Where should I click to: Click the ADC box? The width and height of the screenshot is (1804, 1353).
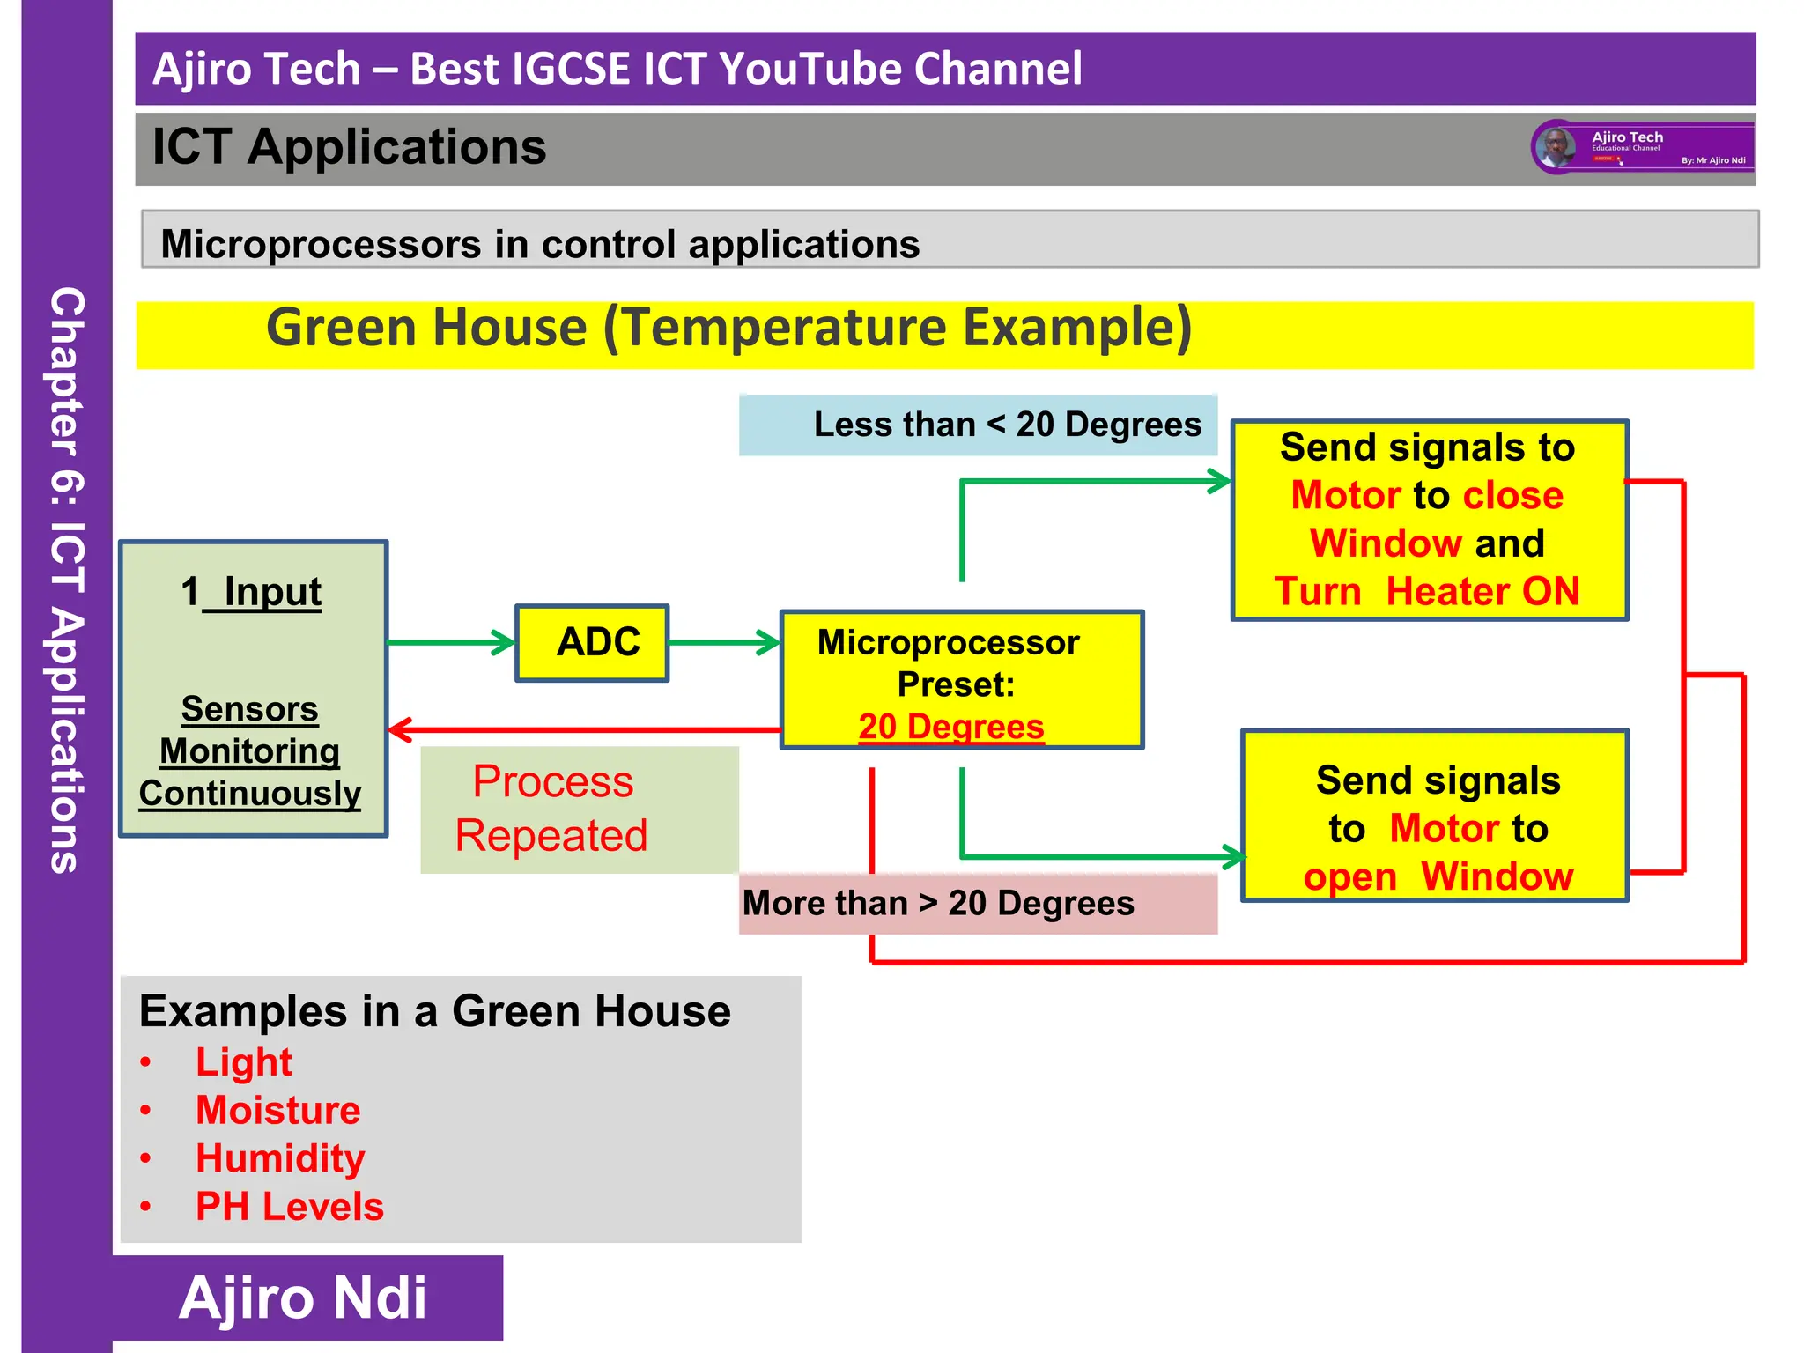tap(592, 642)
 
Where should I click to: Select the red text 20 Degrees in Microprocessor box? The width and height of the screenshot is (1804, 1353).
tap(951, 727)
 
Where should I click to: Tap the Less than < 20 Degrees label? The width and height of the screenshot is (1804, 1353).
tap(978, 425)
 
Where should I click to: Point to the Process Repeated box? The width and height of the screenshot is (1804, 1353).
tap(579, 810)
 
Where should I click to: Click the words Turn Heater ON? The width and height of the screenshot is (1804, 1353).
tap(1427, 592)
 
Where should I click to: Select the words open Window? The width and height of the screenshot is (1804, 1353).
tap(1438, 877)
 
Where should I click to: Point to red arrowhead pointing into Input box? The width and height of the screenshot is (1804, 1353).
tap(400, 729)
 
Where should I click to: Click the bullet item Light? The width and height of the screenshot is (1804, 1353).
tap(244, 1062)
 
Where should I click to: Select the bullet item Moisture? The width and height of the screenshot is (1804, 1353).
tap(278, 1111)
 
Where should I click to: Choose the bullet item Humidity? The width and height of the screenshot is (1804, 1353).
tap(280, 1159)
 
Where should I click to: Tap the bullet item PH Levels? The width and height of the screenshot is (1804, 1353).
tap(290, 1207)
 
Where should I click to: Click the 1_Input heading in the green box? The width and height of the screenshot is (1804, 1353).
tap(252, 592)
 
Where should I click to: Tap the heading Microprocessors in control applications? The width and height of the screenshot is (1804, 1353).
tap(540, 244)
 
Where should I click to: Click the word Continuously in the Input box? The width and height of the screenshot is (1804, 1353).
tap(250, 794)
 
